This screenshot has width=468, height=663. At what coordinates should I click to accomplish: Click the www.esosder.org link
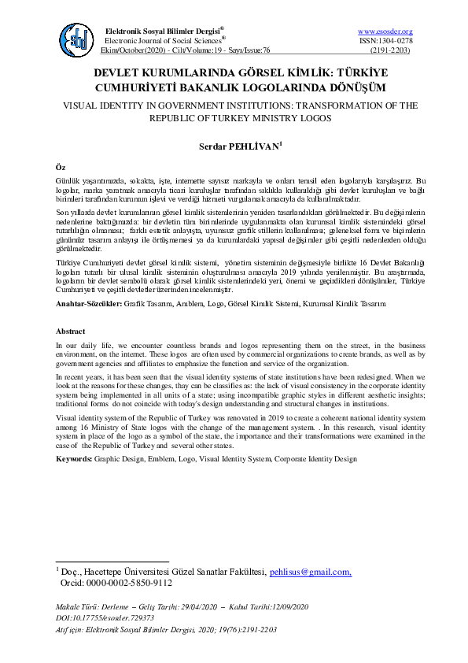(x=385, y=31)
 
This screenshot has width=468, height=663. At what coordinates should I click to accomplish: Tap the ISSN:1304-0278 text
(x=385, y=40)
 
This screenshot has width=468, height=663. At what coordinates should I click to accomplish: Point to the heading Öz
(x=61, y=169)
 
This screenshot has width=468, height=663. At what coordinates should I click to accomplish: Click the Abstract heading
(x=71, y=332)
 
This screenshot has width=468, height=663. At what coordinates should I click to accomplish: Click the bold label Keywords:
(x=78, y=457)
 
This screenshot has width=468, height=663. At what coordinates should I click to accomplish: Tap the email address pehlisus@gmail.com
(x=310, y=572)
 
